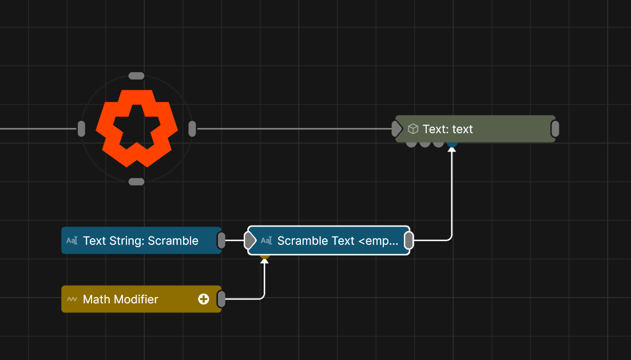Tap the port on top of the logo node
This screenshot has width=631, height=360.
pos(136,76)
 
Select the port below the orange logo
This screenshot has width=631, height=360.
pos(136,182)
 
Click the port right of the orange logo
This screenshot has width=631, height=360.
pos(192,129)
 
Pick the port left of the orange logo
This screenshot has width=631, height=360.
pos(81,129)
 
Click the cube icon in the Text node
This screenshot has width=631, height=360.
pos(413,129)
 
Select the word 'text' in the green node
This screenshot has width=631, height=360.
pos(462,129)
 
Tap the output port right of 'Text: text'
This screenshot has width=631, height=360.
pos(555,129)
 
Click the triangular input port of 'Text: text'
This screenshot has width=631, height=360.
pos(398,129)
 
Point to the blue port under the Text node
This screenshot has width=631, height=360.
pos(452,144)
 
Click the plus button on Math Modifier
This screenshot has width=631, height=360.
pos(204,299)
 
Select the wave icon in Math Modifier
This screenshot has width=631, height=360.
pos(72,299)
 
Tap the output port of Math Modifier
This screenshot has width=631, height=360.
pos(221,299)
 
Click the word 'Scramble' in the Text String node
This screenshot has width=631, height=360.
pos(173,241)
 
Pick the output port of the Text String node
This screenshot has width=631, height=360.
pos(221,241)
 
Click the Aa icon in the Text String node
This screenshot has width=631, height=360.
pos(72,241)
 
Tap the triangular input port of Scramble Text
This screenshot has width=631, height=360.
pos(251,241)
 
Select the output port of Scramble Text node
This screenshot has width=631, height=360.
pos(408,241)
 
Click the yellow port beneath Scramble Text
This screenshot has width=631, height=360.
pos(264,256)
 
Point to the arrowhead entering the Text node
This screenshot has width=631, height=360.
pos(452,149)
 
